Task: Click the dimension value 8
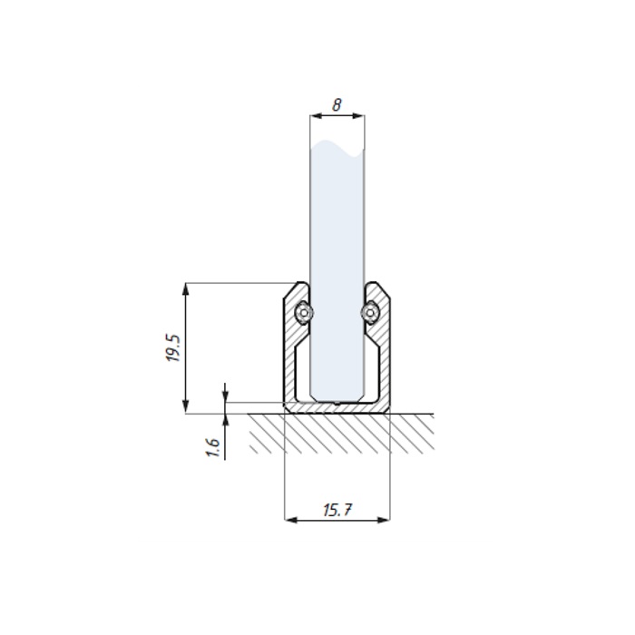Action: pyautogui.click(x=337, y=104)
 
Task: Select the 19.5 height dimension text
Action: pyautogui.click(x=174, y=347)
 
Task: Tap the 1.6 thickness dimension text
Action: pyautogui.click(x=213, y=447)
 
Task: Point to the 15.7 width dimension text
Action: pyautogui.click(x=337, y=510)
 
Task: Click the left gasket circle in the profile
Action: pyautogui.click(x=304, y=313)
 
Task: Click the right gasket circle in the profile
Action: pyautogui.click(x=370, y=313)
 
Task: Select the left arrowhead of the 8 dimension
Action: pyautogui.click(x=317, y=116)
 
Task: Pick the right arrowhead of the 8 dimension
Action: pyautogui.click(x=358, y=116)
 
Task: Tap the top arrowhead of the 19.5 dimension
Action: pyautogui.click(x=185, y=289)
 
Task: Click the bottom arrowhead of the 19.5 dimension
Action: pyautogui.click(x=185, y=406)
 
